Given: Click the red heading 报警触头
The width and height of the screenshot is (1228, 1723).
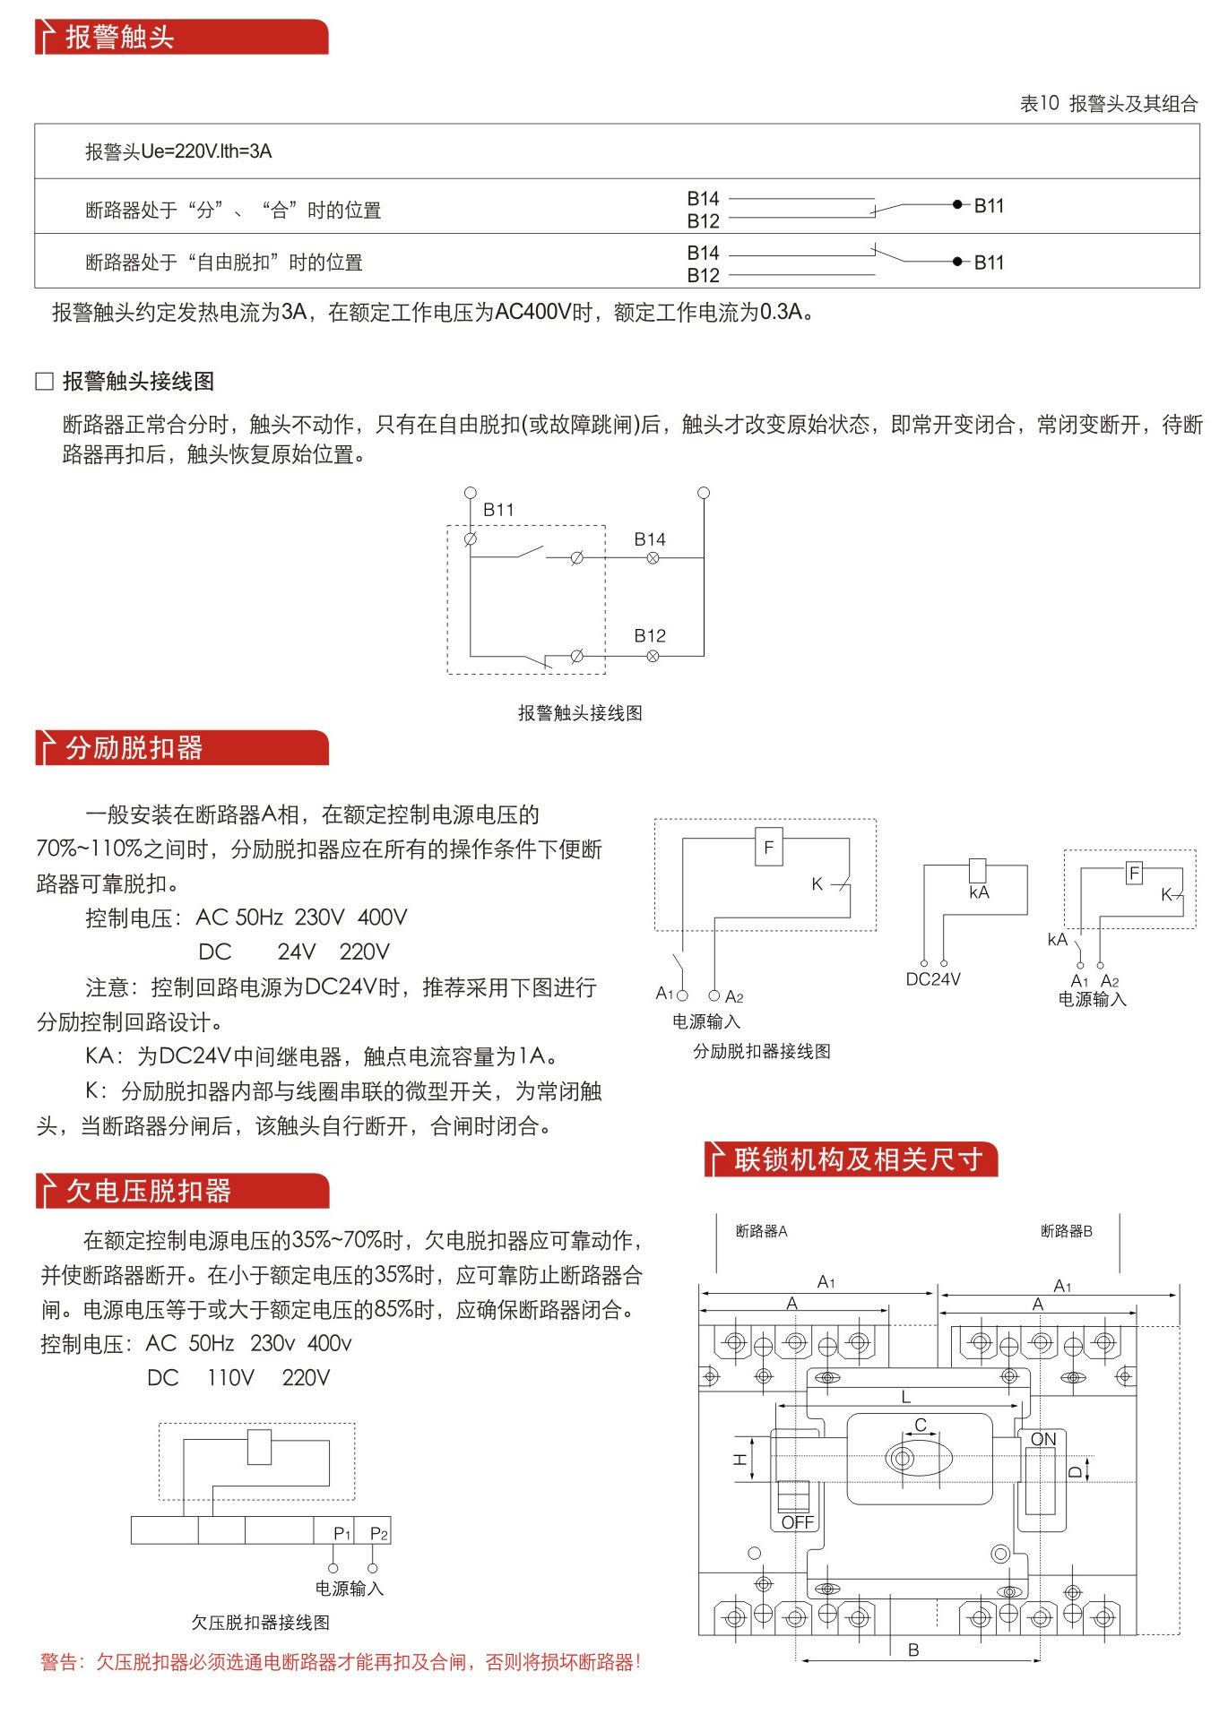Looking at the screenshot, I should point(119,37).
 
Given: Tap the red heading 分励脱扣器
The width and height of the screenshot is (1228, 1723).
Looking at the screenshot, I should point(134,747).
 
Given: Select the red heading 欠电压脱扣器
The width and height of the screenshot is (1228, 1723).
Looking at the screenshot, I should point(148,1191).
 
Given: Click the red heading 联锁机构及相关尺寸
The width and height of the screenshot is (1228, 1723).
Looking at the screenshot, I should point(858,1159).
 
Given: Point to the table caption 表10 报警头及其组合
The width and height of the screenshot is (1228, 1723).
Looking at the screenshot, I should point(1108,104).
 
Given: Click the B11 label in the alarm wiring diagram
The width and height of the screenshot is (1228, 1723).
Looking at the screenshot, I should point(498,510).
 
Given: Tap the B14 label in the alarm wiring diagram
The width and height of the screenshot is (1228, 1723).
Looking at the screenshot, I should point(650,539).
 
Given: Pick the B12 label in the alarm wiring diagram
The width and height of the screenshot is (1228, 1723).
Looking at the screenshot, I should point(650,636).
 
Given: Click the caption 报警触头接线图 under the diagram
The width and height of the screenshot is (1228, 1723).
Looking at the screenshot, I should point(580,713).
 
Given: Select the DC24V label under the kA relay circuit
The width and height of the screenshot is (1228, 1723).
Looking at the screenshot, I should point(933,979).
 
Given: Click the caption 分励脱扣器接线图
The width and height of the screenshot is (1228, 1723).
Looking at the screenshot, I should point(762,1051).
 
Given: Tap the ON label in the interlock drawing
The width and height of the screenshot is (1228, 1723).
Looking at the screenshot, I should point(1043,1439).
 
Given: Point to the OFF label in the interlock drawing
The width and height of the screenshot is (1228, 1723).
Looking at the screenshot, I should point(797,1522).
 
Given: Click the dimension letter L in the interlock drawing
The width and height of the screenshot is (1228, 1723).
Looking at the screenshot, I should point(906,1396).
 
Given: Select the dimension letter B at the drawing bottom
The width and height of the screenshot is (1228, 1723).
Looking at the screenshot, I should point(913,1650).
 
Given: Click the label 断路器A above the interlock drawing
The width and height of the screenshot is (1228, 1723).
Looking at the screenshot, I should point(761,1231).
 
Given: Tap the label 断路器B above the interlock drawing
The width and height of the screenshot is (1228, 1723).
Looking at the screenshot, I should point(1067,1231).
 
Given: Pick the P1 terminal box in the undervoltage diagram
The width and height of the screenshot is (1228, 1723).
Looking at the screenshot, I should point(334,1531).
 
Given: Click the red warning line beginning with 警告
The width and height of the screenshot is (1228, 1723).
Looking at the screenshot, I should point(341,1662).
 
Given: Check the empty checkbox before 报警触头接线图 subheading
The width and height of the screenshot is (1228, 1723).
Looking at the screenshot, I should point(44,382).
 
